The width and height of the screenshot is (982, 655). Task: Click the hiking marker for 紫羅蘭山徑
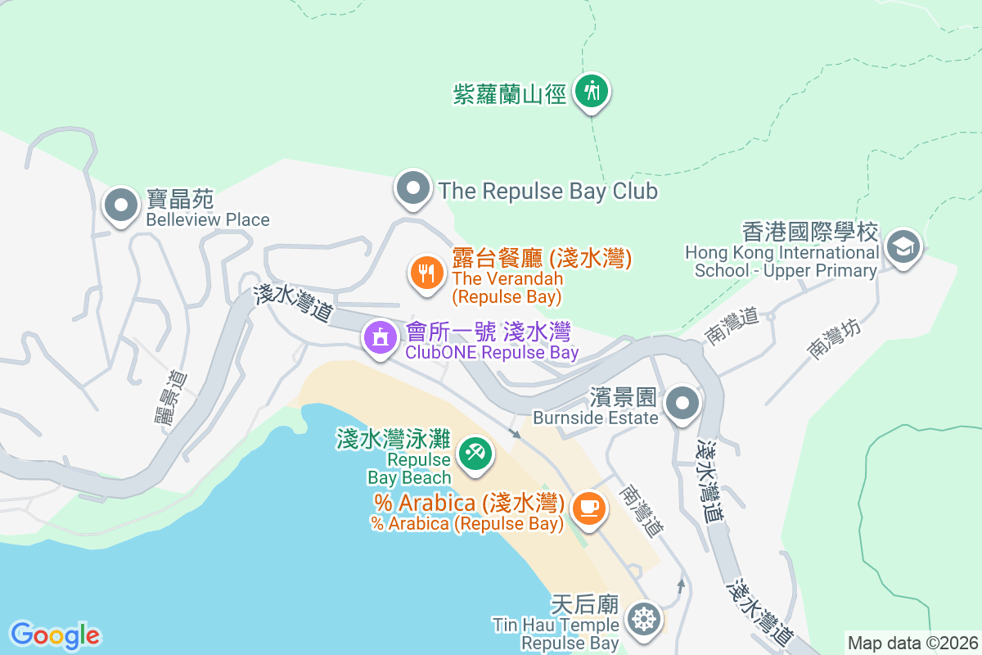[x=591, y=91]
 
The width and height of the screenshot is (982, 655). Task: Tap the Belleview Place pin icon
[x=122, y=205]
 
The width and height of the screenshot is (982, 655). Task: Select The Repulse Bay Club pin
[x=413, y=189]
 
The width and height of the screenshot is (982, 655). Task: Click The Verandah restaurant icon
[x=426, y=272]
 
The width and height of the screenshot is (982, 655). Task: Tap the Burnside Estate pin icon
[x=682, y=404]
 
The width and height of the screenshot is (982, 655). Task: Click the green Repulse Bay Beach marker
[x=474, y=453]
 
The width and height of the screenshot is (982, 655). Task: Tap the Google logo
[x=55, y=635]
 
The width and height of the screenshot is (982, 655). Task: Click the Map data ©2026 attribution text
[x=912, y=643]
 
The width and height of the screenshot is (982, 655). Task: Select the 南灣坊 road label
[x=834, y=339]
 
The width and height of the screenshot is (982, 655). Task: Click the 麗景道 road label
[x=171, y=397]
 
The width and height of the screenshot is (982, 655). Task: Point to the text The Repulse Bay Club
[x=547, y=191]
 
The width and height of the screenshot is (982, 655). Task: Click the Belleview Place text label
[x=208, y=219]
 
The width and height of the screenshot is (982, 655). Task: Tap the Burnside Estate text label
[x=595, y=418]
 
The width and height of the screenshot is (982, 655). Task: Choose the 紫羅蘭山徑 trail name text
[x=510, y=94]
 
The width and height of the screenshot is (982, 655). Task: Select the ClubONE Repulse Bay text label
[x=492, y=353]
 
